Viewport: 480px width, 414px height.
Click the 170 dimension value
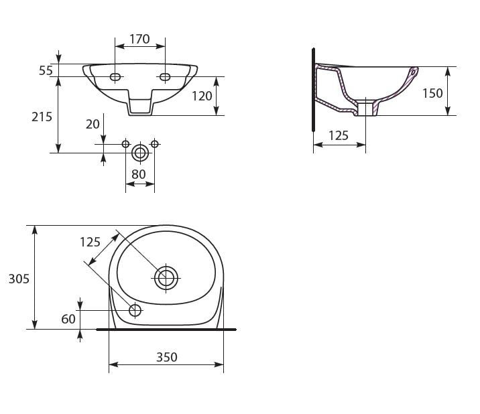coord(139,39)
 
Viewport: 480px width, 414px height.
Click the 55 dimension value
coord(46,71)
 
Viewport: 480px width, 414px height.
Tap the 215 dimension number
coord(42,117)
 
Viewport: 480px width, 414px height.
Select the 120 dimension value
coord(202,96)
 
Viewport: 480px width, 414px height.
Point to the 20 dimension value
coord(93,124)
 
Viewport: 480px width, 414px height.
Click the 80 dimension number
coord(138,174)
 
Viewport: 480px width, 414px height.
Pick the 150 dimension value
coord(432,93)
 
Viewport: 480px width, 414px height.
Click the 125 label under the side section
coord(339,135)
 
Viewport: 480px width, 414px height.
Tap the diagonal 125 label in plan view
coord(91,242)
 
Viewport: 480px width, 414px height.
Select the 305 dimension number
coord(19,279)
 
